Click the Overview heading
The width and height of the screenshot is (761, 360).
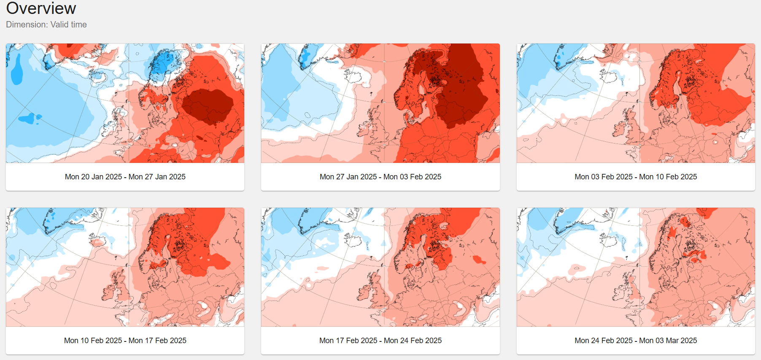coord(41,8)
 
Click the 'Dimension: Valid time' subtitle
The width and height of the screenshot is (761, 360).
coord(46,24)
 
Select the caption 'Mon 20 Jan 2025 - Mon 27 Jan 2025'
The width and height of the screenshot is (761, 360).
coord(125,177)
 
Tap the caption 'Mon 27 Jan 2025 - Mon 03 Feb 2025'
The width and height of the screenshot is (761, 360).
coord(380,177)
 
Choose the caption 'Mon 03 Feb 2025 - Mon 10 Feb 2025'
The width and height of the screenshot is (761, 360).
coord(636,177)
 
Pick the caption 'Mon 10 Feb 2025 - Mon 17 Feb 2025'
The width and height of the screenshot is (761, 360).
coord(125,341)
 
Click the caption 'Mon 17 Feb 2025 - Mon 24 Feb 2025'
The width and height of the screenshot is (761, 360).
coord(380,341)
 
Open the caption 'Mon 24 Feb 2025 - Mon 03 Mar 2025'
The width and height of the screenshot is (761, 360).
coord(636,341)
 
